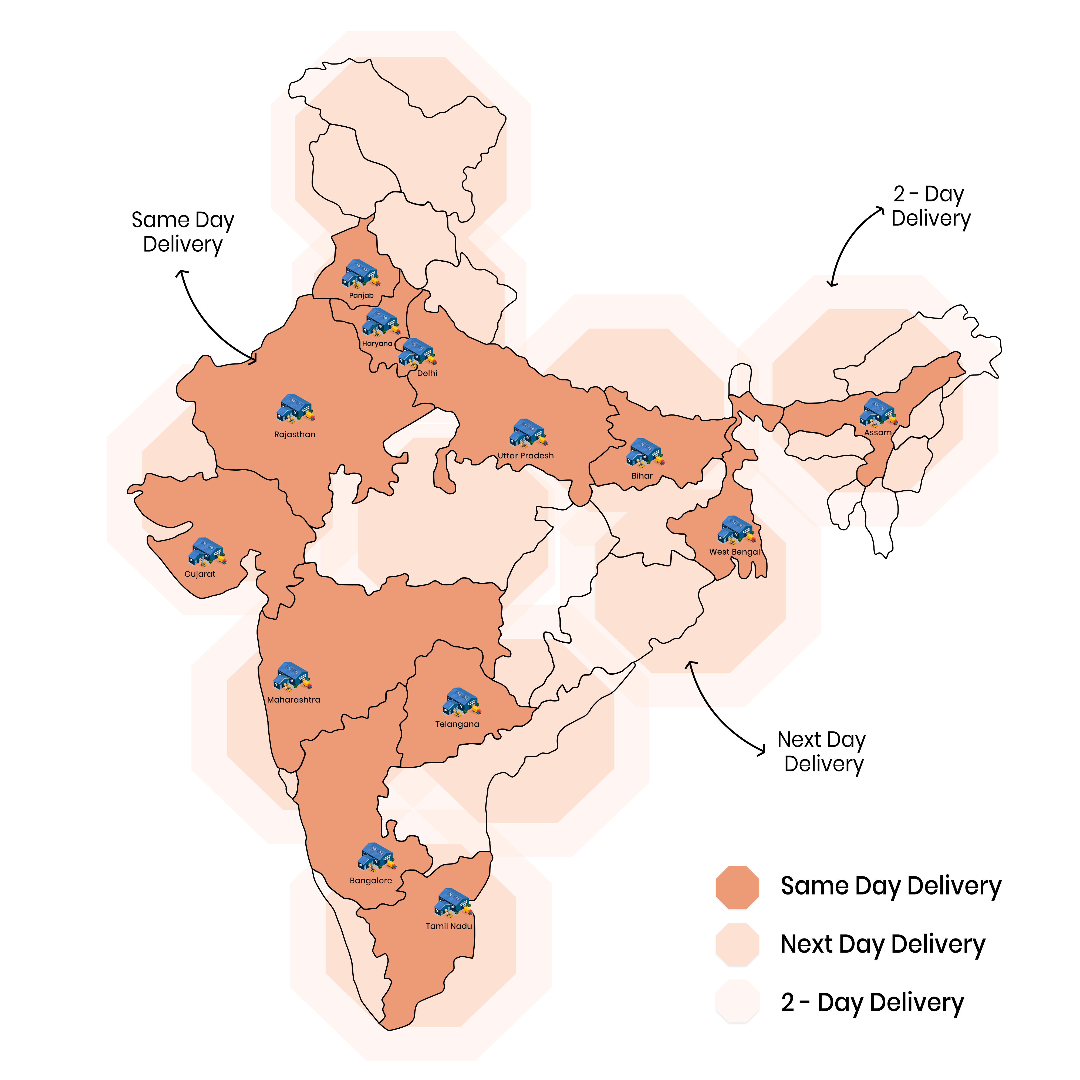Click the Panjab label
click(361, 295)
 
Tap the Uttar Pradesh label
click(525, 455)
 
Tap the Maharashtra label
click(293, 700)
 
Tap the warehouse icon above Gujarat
click(207, 552)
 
